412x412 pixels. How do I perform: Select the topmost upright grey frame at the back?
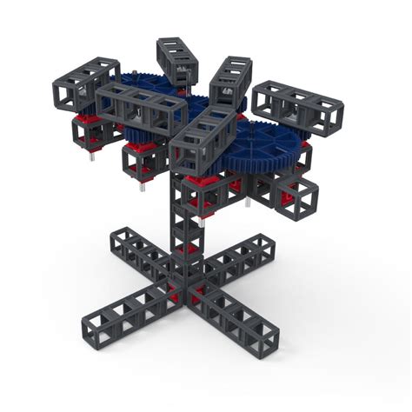coord(177,61)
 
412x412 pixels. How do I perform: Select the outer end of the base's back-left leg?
coord(123,240)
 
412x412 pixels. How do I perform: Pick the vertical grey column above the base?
coord(186,235)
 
